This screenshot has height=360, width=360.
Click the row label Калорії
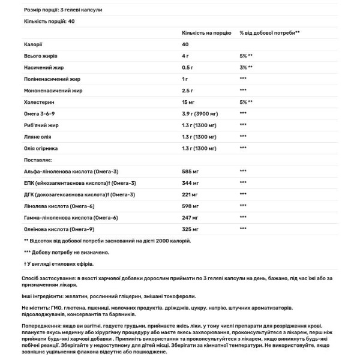click(x=16, y=44)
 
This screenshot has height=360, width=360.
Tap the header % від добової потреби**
click(x=269, y=33)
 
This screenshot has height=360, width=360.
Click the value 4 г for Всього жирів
click(x=186, y=56)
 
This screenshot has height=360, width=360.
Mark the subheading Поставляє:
click(x=23, y=160)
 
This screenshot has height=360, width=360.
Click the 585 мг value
click(x=190, y=171)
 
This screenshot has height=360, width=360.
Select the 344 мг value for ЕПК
click(x=190, y=182)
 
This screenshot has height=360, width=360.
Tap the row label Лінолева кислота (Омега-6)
click(x=45, y=206)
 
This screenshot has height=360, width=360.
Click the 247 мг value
click(x=190, y=217)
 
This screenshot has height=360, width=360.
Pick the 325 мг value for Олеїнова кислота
click(x=190, y=229)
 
